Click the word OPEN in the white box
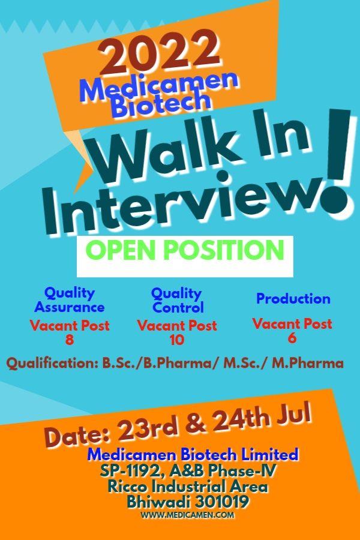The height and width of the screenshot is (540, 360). (x=120, y=250)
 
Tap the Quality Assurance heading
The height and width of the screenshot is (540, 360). (x=69, y=299)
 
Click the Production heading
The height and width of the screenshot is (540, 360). (x=293, y=299)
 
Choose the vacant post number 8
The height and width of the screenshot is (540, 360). (x=69, y=340)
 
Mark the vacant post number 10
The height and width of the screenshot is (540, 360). (x=177, y=340)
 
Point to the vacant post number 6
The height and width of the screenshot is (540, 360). (x=292, y=338)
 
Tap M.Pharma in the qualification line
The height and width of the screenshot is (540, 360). (x=308, y=364)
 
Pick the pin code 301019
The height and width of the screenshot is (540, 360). (x=221, y=502)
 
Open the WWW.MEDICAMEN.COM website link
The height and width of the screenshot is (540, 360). (x=187, y=515)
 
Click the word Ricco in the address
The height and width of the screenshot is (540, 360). (x=128, y=487)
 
